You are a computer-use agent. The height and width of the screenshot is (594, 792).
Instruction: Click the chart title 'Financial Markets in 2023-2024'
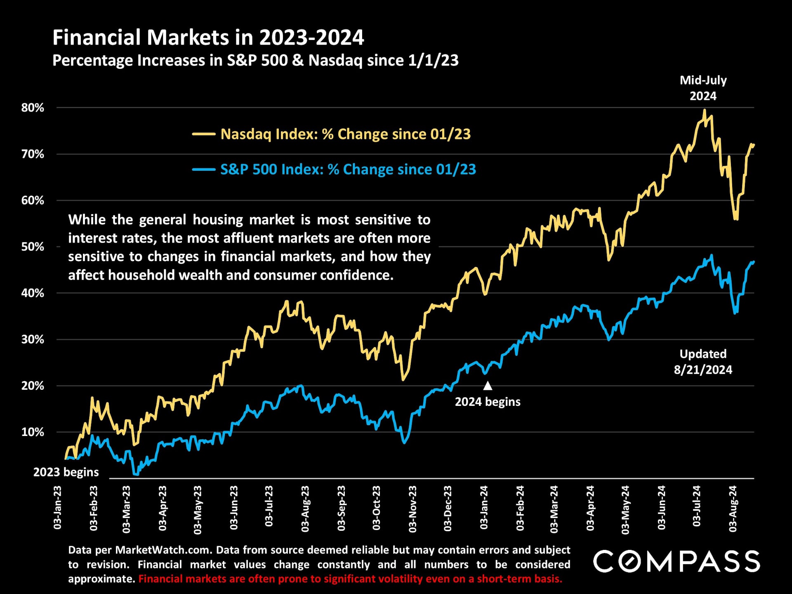[208, 38]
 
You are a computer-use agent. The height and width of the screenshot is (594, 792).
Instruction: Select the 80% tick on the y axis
[33, 108]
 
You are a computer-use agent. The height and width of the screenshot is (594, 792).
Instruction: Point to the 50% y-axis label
[33, 247]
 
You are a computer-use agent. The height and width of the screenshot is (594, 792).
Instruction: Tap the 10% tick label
[33, 432]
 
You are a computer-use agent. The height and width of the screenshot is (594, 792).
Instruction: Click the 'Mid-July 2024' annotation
[703, 88]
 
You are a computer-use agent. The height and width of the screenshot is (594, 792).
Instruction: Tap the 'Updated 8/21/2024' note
[703, 361]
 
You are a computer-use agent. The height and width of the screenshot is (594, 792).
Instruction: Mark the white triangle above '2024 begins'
[488, 386]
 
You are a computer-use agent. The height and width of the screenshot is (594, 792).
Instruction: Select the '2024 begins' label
[488, 402]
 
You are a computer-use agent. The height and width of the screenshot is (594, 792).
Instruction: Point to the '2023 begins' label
[66, 472]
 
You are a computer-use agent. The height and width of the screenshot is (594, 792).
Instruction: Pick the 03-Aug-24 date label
[733, 509]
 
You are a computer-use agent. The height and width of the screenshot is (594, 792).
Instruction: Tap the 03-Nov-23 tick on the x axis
[412, 509]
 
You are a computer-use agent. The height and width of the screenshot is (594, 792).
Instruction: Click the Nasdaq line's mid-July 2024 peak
[704, 111]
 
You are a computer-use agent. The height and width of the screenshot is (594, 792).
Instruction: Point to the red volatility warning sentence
[350, 579]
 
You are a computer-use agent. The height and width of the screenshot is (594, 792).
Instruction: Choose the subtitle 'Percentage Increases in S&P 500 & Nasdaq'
[255, 61]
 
